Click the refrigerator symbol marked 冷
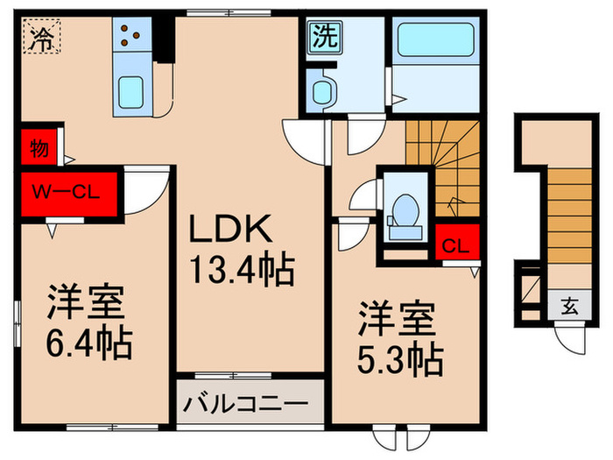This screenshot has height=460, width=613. click(40, 38)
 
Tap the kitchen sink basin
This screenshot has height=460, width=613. click(133, 91)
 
